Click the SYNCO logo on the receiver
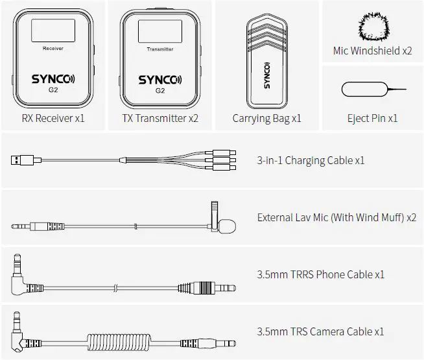point(53,80)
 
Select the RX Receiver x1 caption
point(53,119)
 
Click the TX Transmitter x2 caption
point(159,119)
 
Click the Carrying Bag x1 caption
point(266,119)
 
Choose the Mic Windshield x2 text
point(372,51)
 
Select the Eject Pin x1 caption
point(372,119)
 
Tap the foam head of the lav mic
point(228,226)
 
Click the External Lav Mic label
point(336,217)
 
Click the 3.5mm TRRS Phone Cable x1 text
point(321,274)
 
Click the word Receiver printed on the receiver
point(53,49)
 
